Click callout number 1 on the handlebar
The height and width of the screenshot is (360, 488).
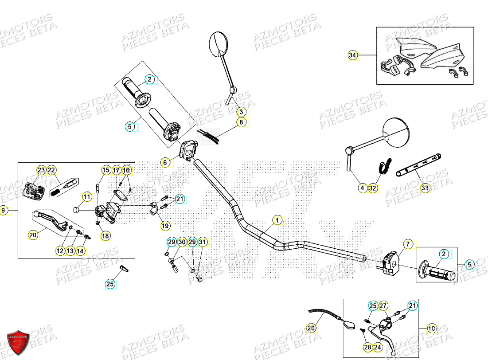(277, 220)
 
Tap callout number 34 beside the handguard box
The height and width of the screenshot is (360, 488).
(352, 55)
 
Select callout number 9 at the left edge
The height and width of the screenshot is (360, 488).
(4, 211)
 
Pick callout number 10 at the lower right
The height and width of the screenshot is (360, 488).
(431, 329)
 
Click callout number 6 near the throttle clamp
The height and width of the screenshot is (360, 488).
(165, 163)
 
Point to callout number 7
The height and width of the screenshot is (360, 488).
(408, 243)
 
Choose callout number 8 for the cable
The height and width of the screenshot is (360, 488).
(241, 122)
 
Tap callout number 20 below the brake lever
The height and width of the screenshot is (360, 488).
(33, 235)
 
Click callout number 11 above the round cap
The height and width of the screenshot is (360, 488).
(87, 197)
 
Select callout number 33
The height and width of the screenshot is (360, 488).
(425, 188)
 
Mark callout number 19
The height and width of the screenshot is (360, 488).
(165, 226)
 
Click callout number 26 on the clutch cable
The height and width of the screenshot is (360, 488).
(312, 328)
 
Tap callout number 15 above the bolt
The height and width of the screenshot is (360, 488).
(105, 170)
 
